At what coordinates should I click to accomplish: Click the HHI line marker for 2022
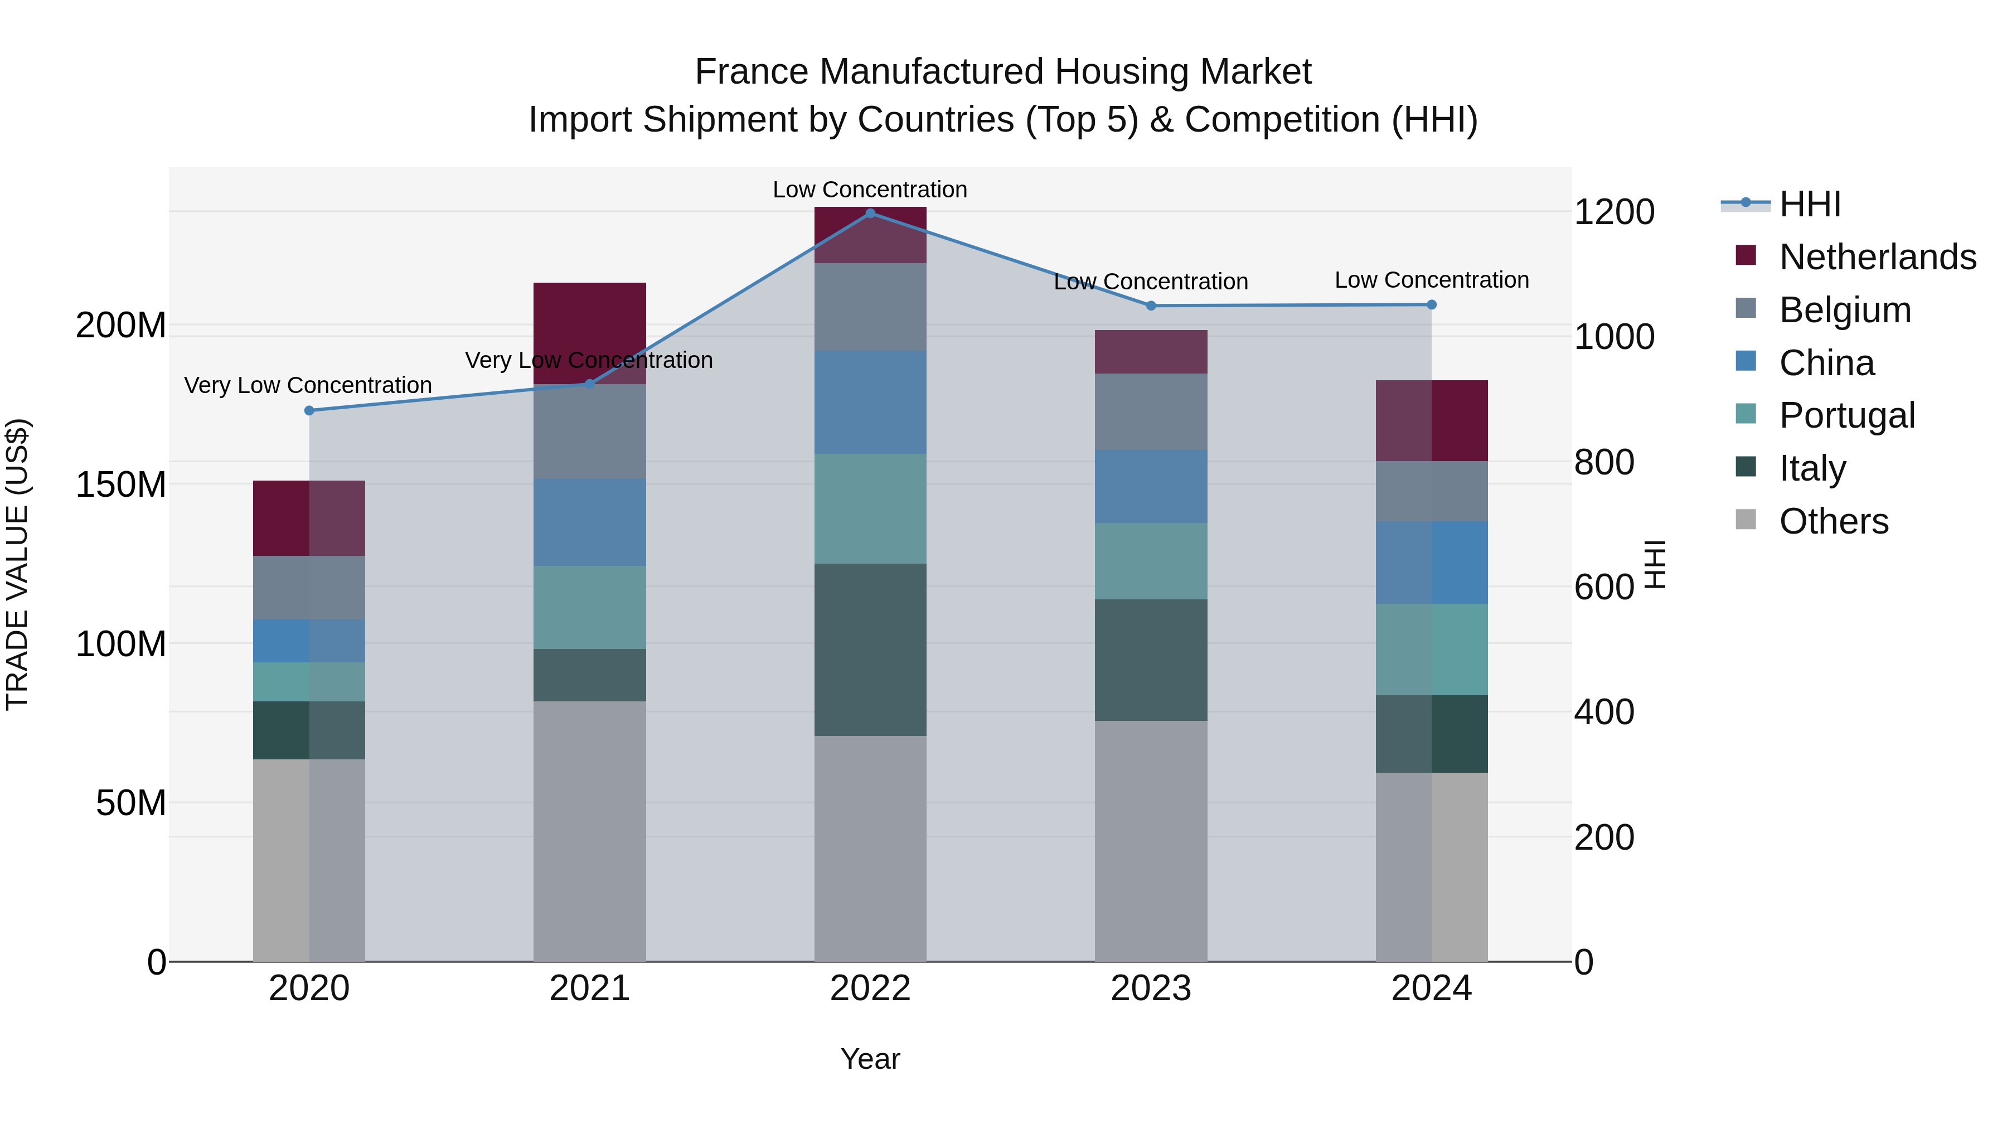pyautogui.click(x=870, y=214)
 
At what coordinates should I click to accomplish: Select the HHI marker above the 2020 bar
pyautogui.click(x=309, y=410)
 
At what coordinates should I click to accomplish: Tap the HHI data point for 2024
pyautogui.click(x=1431, y=304)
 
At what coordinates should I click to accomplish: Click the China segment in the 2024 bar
pyautogui.click(x=1431, y=562)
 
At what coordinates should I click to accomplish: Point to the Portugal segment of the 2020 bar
pyautogui.click(x=309, y=682)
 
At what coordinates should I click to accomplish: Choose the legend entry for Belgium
pyautogui.click(x=1845, y=309)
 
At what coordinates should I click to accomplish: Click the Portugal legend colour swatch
pyautogui.click(x=1746, y=414)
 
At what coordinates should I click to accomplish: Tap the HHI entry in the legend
pyautogui.click(x=1810, y=204)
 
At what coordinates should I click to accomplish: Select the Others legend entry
pyautogui.click(x=1833, y=521)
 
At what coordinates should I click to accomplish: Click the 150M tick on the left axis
pyautogui.click(x=121, y=484)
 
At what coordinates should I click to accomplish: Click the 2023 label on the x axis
pyautogui.click(x=1151, y=989)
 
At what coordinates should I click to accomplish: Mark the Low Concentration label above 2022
pyautogui.click(x=870, y=190)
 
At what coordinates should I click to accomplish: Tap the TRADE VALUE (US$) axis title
pyautogui.click(x=17, y=564)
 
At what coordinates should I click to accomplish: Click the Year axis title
pyautogui.click(x=870, y=1059)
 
